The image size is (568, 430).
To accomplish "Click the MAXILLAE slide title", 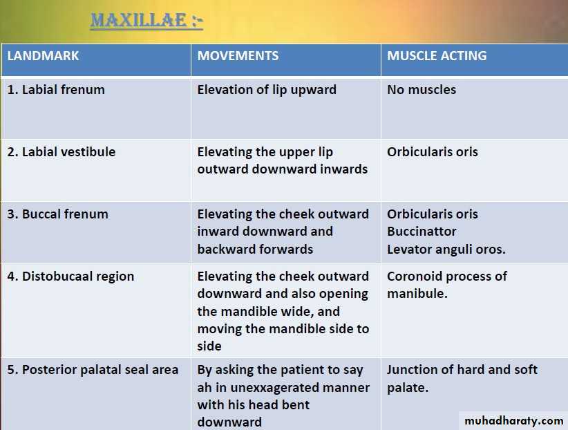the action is coord(146,21).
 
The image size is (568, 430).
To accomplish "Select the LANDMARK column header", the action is coord(43,56).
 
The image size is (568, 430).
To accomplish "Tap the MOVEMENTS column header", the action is coord(238,56).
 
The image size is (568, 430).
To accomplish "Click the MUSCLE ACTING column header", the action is coord(437,56).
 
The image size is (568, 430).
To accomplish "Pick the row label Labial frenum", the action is coord(56,90).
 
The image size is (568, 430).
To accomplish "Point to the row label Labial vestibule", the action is coord(61,152).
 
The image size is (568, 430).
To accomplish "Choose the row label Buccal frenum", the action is coord(57,214).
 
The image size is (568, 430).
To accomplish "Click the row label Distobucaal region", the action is coord(70,277).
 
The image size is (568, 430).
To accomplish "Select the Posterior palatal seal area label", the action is coord(93,370).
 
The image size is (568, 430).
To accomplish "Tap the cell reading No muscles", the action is coord(422,90).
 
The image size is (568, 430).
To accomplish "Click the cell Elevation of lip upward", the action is coord(267,90).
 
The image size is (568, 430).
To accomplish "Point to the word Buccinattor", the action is coord(422,232).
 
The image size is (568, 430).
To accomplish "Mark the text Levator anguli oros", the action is coord(446,250).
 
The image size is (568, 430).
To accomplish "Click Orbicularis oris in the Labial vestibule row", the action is coord(433,152).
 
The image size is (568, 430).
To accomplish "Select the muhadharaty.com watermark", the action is coord(513,421).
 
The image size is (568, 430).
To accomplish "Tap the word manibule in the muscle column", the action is coord(417,294).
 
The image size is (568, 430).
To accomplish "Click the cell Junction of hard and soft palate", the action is coord(462,379).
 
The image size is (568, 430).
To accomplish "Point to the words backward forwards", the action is coord(256,250).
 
